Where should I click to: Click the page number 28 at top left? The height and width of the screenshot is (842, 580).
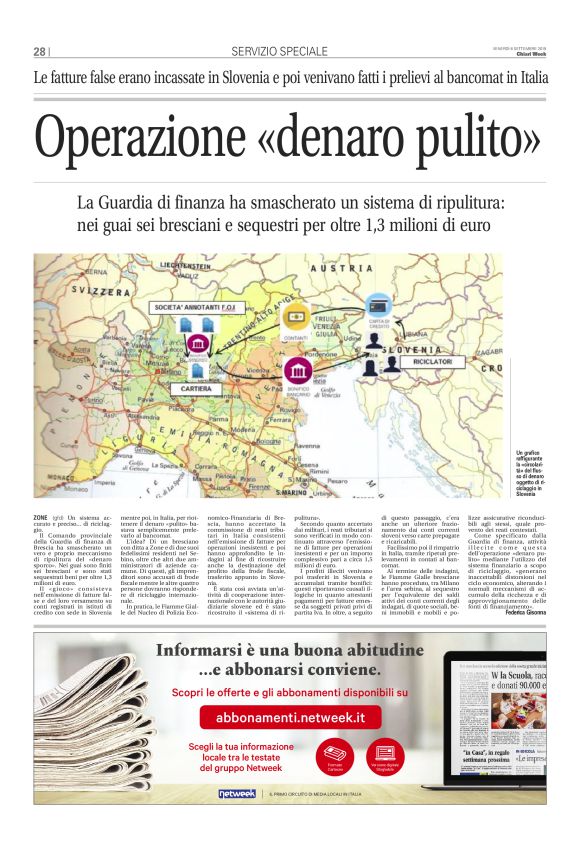(39, 51)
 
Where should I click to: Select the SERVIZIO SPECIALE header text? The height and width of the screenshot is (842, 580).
(279, 51)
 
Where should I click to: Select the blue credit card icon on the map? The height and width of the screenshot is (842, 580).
(379, 305)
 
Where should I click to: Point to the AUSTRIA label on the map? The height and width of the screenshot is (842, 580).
(330, 270)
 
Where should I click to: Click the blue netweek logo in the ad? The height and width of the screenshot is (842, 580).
(238, 793)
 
